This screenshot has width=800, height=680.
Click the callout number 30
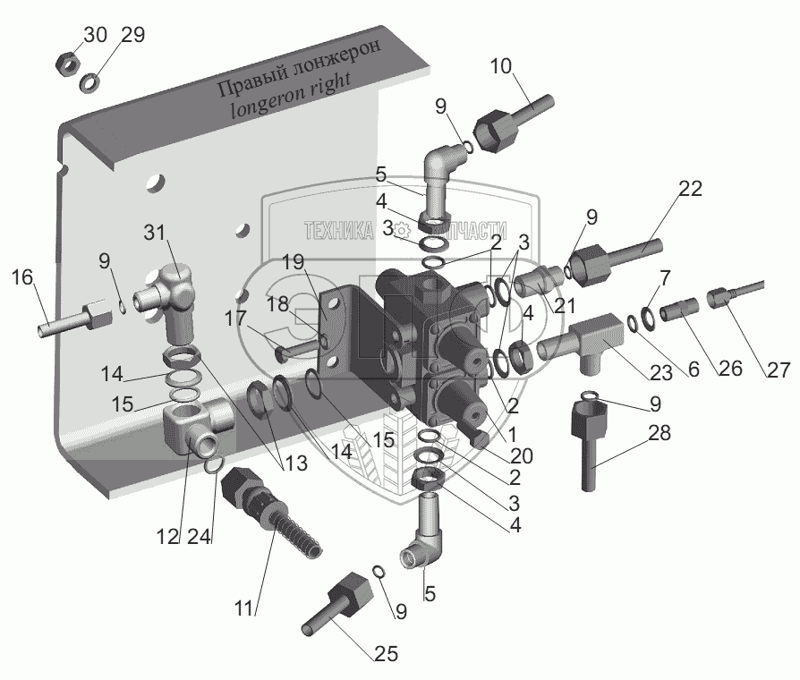96,35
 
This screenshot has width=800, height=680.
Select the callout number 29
132,35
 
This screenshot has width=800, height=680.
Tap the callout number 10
502,65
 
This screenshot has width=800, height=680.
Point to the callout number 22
690,189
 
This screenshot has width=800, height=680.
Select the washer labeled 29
90,83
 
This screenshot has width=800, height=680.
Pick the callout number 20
521,456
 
